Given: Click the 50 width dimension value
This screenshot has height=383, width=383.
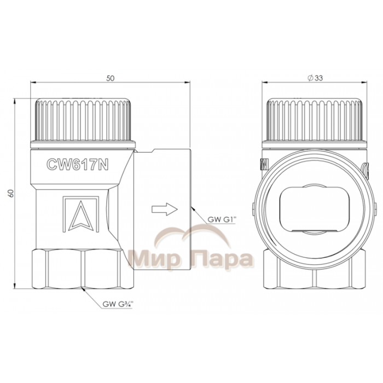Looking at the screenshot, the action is tap(110, 78).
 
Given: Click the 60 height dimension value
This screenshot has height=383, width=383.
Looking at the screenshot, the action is tap(11, 194).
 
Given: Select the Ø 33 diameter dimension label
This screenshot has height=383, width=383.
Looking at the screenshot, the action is tap(315, 78).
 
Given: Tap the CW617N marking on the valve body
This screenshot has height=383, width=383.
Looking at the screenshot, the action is tap(77, 164).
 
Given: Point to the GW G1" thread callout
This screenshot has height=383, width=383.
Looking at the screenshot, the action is tap(221, 219).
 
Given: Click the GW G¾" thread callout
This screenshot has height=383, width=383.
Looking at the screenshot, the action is tap(117, 304).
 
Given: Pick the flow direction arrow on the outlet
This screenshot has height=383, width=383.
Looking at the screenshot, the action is tap(165, 210).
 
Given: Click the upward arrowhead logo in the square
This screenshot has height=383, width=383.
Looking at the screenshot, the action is tap(80, 216).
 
